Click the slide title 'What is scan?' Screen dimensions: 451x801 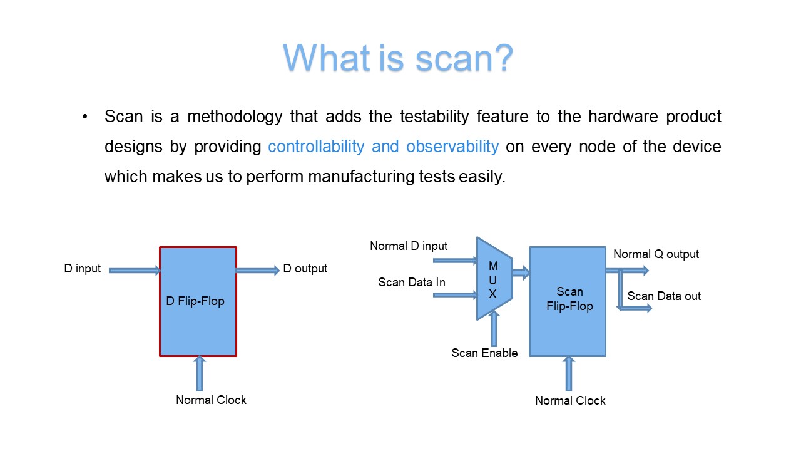click(398, 58)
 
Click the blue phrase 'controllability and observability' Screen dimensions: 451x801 click(383, 147)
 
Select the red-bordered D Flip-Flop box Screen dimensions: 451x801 click(198, 301)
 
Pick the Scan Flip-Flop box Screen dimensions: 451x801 click(568, 301)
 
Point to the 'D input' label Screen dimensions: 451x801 click(82, 269)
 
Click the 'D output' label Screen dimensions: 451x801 click(305, 269)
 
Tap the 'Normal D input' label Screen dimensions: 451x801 click(409, 246)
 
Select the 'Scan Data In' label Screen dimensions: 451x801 click(412, 283)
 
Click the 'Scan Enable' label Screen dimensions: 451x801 click(484, 353)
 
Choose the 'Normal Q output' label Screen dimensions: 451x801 click(656, 254)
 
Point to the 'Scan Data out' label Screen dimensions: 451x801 click(664, 296)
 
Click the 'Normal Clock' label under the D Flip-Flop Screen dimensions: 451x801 click(211, 400)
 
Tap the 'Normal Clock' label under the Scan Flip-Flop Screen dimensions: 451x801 click(570, 400)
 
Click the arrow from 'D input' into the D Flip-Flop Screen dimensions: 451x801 click(135, 271)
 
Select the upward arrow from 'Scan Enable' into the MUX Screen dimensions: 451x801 click(494, 328)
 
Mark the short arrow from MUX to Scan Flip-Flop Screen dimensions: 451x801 click(521, 272)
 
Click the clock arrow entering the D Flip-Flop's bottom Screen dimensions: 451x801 click(200, 373)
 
